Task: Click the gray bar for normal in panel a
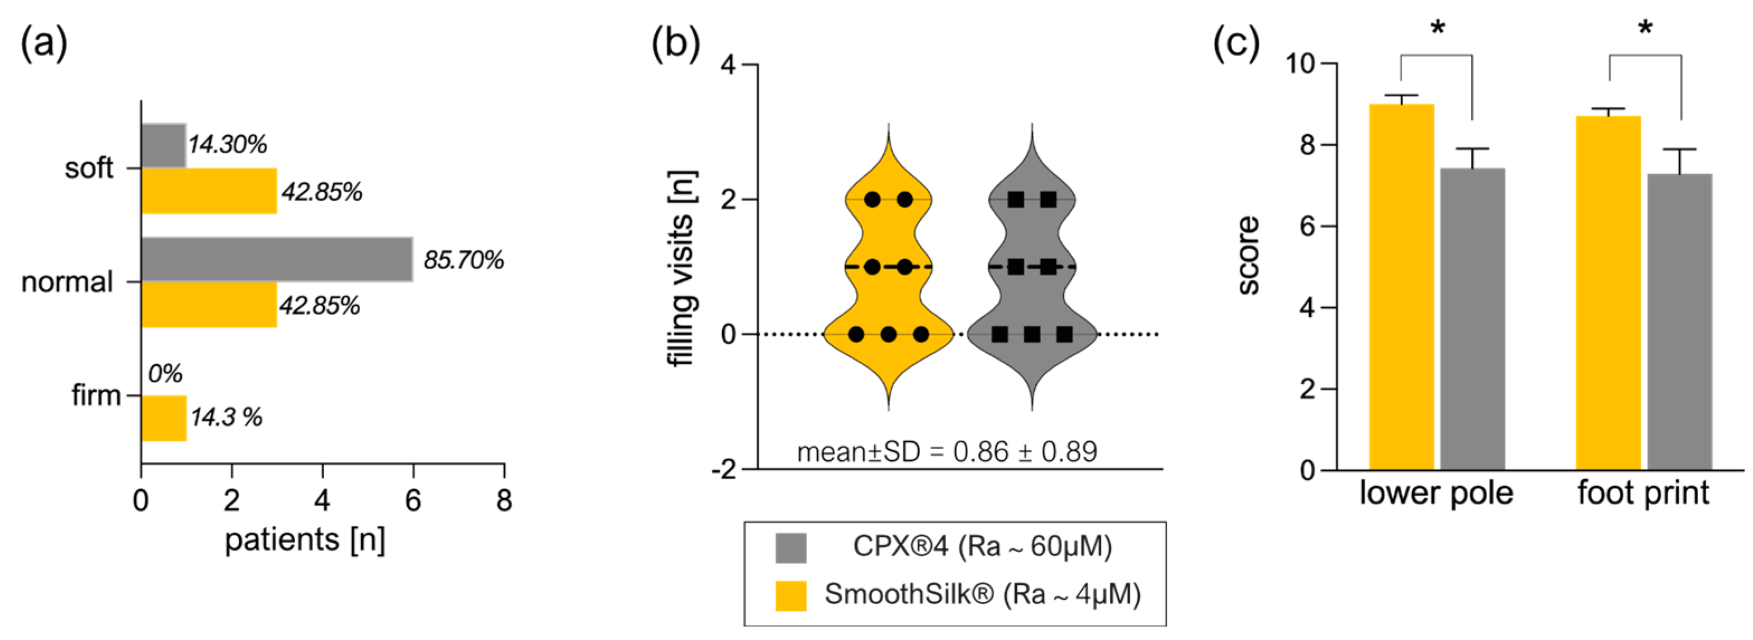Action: tap(276, 259)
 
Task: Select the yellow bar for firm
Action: tap(163, 418)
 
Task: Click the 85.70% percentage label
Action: tap(463, 260)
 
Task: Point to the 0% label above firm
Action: tap(165, 374)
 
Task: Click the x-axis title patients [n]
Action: tap(305, 541)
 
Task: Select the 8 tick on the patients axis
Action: tap(504, 502)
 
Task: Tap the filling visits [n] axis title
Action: tap(682, 269)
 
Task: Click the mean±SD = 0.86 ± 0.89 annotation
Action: tap(946, 452)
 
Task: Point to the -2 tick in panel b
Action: tap(724, 469)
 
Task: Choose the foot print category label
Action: tap(1643, 493)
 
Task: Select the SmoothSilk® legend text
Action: tap(983, 594)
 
